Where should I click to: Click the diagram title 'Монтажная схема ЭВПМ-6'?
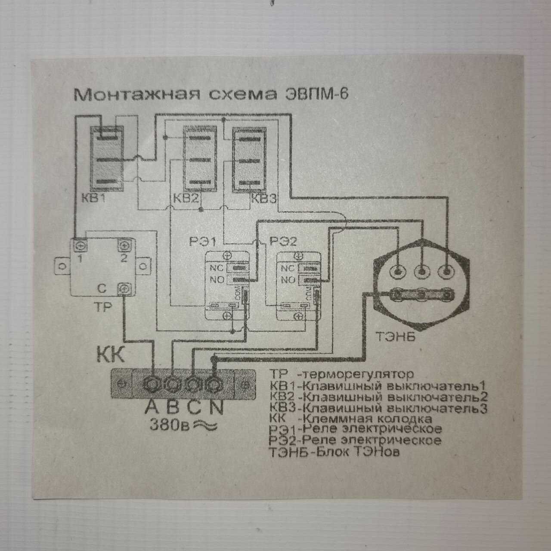pyautogui.click(x=211, y=95)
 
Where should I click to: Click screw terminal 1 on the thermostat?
pyautogui.click(x=80, y=246)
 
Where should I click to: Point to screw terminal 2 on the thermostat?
pyautogui.click(x=124, y=246)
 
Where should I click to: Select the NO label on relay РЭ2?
pyautogui.click(x=288, y=280)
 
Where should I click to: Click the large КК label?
pyautogui.click(x=110, y=356)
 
